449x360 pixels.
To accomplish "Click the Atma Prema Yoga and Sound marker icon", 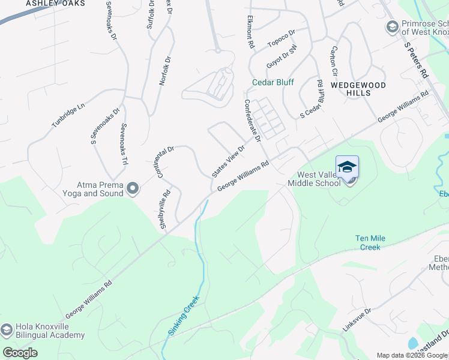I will [133, 189].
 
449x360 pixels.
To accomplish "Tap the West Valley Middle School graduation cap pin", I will [348, 167].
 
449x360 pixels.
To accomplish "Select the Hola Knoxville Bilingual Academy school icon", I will [7, 331].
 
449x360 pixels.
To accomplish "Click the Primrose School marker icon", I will [392, 27].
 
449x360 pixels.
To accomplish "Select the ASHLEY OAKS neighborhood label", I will [55, 4].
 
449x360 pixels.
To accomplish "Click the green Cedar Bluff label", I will [273, 82].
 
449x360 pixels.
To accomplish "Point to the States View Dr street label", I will [229, 161].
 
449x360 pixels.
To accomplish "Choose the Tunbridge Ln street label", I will [68, 114].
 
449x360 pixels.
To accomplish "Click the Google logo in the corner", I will [20, 353].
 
